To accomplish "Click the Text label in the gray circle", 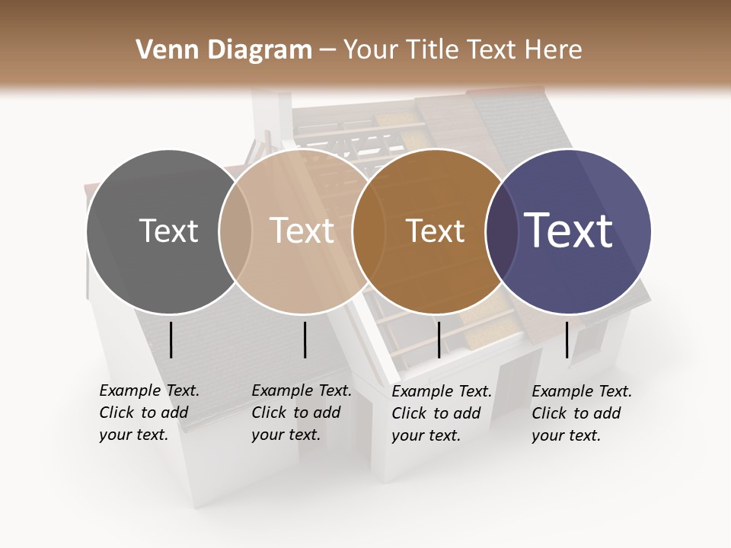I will (x=168, y=231).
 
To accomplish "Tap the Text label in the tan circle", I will (x=302, y=231).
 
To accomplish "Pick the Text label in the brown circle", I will (x=435, y=231).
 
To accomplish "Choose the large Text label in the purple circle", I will (x=568, y=231).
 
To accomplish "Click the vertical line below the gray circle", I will (x=171, y=339).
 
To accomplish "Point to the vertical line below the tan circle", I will (x=305, y=339).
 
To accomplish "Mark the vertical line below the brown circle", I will (x=439, y=339).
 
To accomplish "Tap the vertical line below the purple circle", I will (x=567, y=339).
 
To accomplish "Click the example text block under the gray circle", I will (x=148, y=413).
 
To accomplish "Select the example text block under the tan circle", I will (x=301, y=413).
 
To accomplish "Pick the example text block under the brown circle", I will (x=441, y=413).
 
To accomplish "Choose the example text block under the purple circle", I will (x=581, y=413).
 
